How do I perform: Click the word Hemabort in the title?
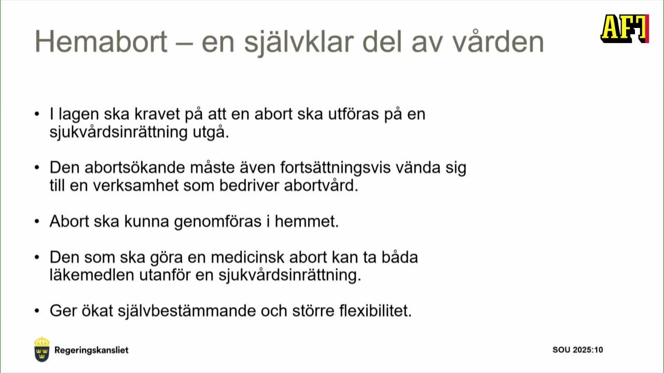(101, 41)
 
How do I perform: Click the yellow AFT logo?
(625, 28)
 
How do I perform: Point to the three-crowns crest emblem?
(42, 349)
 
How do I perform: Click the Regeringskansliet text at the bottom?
(91, 350)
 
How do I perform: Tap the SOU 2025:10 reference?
(577, 350)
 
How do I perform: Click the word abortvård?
(321, 186)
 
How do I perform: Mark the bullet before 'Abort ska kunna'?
(36, 222)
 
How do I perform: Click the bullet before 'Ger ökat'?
(36, 311)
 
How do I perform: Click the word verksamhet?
(137, 186)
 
